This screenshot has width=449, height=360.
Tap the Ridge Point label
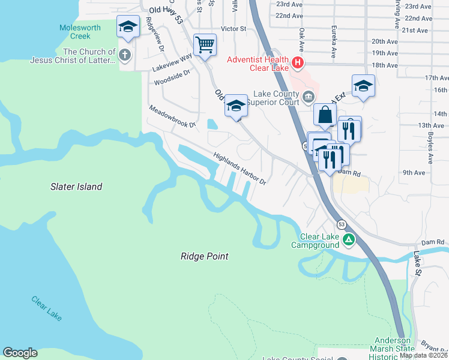[x=204, y=256]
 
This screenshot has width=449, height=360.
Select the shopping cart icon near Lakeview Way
[x=205, y=44]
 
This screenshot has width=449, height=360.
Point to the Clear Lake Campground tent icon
[x=349, y=241]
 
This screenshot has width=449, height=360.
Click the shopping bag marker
[x=324, y=114]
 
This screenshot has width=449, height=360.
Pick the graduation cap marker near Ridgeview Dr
[x=128, y=26]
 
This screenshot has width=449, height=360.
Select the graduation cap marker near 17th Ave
[x=363, y=86]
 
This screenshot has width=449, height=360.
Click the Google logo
[x=20, y=353]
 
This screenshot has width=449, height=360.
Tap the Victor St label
[x=234, y=28]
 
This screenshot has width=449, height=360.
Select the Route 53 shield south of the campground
[x=341, y=224]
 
